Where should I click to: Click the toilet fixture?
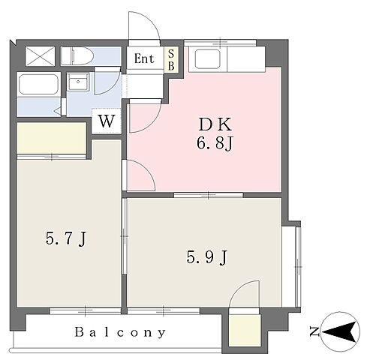click(77, 56)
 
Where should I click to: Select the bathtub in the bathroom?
click(39, 84)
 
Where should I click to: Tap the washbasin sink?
click(79, 82)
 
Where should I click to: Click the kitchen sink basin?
click(207, 59)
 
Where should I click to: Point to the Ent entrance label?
click(144, 58)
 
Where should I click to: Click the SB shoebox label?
click(171, 60)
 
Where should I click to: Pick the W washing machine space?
click(107, 121)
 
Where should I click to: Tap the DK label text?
click(215, 124)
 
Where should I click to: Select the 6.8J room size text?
click(215, 144)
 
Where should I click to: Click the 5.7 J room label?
click(66, 238)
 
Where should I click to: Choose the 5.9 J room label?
click(207, 257)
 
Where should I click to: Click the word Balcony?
click(120, 333)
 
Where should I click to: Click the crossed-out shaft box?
click(40, 56)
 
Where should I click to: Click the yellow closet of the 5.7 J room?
click(51, 138)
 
